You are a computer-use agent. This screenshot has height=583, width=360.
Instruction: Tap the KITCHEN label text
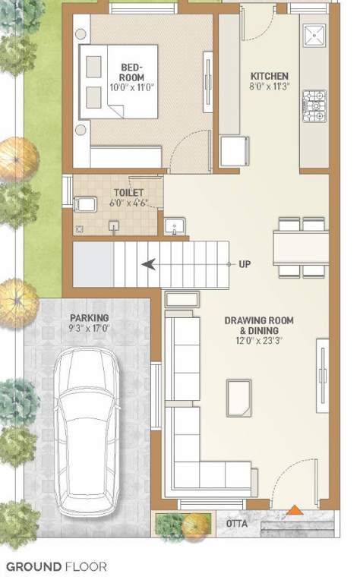[x=270, y=76]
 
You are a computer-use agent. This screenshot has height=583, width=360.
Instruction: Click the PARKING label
[x=90, y=317]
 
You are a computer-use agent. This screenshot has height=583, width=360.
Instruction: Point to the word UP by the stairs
[x=245, y=264]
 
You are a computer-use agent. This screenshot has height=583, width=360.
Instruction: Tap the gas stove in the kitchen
[x=314, y=106]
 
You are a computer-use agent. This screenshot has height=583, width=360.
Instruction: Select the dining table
[x=301, y=247]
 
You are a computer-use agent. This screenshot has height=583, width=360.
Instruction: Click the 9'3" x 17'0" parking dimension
[x=90, y=329]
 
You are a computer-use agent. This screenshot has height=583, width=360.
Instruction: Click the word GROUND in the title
[x=35, y=566]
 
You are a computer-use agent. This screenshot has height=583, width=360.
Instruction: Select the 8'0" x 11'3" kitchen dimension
[x=270, y=87]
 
